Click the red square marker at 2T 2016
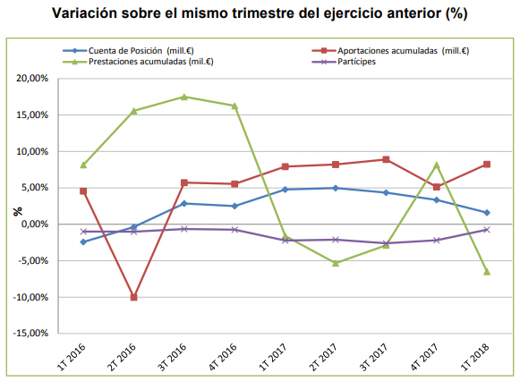point(133,297)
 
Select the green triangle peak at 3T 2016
point(184,97)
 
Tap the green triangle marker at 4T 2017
point(437,165)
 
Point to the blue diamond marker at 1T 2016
point(83,241)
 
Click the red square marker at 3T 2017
point(386,159)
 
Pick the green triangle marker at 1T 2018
point(487,272)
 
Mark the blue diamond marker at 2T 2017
point(336,188)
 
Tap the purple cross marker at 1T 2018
point(487,229)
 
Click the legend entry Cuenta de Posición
point(128,51)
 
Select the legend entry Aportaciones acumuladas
point(390,51)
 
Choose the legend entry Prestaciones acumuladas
point(138,62)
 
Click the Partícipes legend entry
point(344,62)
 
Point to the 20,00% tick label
point(32,79)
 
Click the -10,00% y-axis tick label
point(30,297)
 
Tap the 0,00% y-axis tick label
point(35,224)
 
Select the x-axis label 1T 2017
point(273,357)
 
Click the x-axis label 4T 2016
point(222,357)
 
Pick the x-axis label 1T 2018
point(474,357)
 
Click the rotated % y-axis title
point(18,211)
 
